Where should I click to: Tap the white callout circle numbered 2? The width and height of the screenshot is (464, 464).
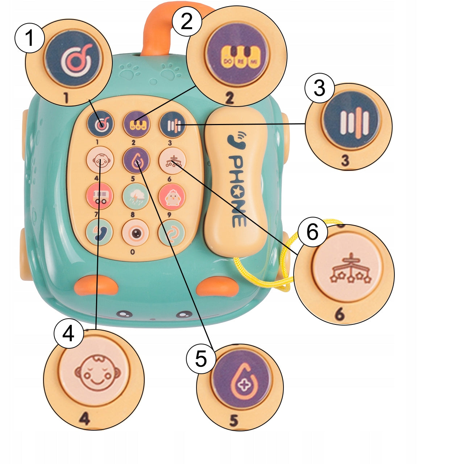click(187, 21)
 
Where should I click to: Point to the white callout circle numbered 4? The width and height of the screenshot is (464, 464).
click(69, 333)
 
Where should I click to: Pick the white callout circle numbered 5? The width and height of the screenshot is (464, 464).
click(201, 359)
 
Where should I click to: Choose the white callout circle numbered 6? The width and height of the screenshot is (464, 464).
click(312, 232)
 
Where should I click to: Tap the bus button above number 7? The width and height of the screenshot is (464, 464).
click(100, 196)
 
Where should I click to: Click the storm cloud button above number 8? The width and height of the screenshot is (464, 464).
click(136, 196)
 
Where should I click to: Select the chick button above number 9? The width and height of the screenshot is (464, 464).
click(172, 196)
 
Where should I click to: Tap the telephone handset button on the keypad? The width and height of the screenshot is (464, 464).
click(99, 232)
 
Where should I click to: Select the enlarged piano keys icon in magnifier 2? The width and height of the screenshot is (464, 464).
click(237, 56)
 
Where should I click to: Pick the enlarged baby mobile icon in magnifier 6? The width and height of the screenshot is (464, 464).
click(351, 272)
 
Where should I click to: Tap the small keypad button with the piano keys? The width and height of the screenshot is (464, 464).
click(136, 124)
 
